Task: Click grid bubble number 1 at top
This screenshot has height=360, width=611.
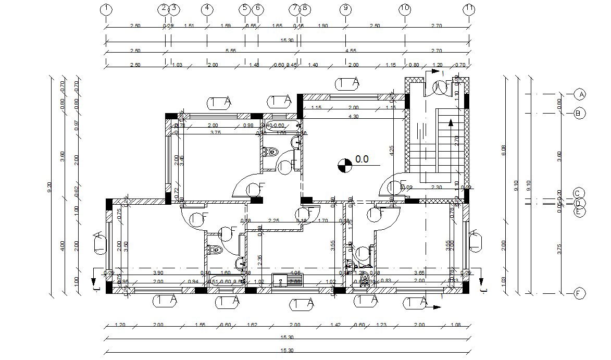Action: coord(106,8)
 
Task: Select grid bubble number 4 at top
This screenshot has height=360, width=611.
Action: coord(207,8)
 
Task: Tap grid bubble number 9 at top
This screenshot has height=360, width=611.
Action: coord(345,8)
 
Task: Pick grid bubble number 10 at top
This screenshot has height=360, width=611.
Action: coord(405,8)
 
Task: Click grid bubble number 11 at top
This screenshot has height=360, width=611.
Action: coord(469,8)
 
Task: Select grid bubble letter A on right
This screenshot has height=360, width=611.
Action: coord(580,94)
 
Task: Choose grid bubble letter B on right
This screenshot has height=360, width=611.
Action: coord(580,113)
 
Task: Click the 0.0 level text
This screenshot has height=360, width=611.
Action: coord(362,159)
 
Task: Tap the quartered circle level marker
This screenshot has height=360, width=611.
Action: coord(344,166)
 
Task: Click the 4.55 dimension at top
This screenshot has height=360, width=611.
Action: coord(350,51)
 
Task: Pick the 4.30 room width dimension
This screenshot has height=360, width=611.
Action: coord(353,117)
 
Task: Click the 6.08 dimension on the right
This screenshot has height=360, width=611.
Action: coord(504,151)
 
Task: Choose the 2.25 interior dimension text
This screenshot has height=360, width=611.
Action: coord(273,221)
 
